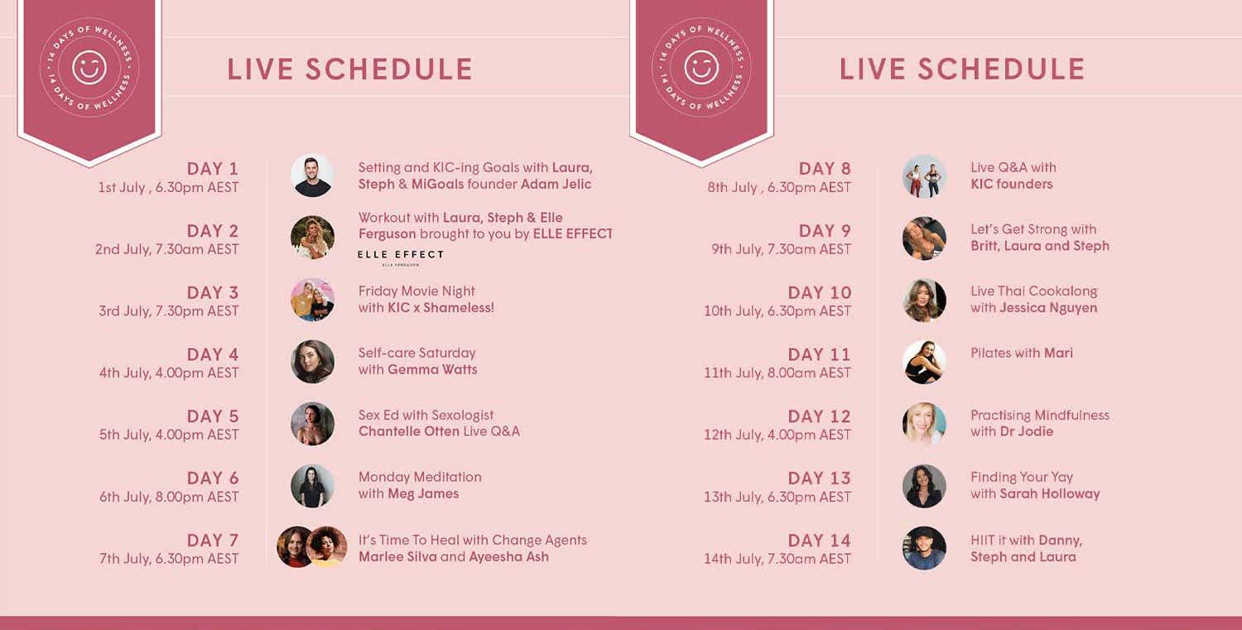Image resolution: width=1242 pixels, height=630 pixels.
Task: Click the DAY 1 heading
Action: tap(212, 169)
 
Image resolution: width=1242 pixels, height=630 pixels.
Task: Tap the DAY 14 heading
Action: tap(820, 541)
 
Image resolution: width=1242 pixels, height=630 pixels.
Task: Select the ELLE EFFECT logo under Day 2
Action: tap(401, 256)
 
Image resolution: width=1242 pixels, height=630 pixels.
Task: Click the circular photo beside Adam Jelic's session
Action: tap(312, 176)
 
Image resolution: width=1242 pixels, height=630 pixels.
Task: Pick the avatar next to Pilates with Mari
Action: tap(924, 362)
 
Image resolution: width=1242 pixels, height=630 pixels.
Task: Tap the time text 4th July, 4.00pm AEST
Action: tap(169, 373)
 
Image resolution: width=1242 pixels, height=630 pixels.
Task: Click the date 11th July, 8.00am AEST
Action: tap(777, 373)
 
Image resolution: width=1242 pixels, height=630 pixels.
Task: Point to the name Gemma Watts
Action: tap(432, 370)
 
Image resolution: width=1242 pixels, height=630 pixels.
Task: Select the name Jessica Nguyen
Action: tap(1048, 308)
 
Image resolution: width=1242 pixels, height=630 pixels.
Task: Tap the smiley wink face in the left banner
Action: tap(89, 68)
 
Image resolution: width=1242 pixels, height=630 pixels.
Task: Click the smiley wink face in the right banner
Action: tap(701, 68)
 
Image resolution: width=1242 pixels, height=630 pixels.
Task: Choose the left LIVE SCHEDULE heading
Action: tap(349, 70)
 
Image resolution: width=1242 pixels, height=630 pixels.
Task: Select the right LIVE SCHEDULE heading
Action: tap(962, 70)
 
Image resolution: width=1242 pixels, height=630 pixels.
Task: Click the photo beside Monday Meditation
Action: tap(312, 486)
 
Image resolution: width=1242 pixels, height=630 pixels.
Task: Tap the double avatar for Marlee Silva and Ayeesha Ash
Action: tap(312, 547)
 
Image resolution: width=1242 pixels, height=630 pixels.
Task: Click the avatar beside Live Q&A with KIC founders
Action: tap(924, 176)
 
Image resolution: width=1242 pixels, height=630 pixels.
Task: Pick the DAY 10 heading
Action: tap(820, 293)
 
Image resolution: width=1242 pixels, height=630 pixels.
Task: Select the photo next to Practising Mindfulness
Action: tap(924, 424)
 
